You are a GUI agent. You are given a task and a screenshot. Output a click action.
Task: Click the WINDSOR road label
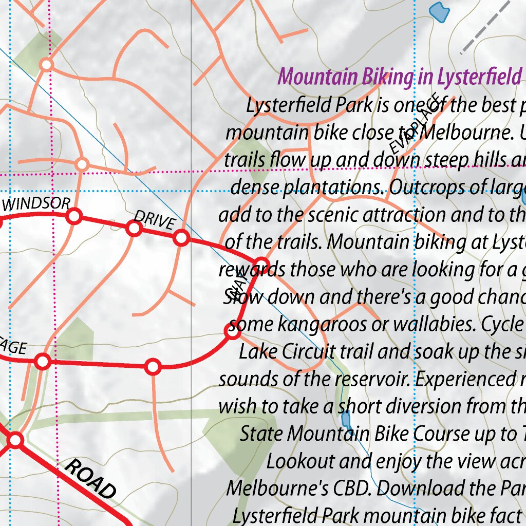36,204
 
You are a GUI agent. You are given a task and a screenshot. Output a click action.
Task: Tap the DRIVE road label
155,221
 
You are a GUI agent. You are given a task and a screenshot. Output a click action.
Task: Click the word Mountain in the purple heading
318,77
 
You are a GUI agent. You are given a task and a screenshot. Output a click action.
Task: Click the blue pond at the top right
438,12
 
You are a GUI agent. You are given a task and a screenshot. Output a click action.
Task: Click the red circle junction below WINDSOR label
74,217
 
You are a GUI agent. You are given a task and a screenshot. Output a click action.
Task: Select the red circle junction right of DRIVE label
181,238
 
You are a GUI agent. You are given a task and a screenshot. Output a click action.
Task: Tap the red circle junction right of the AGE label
43,362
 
